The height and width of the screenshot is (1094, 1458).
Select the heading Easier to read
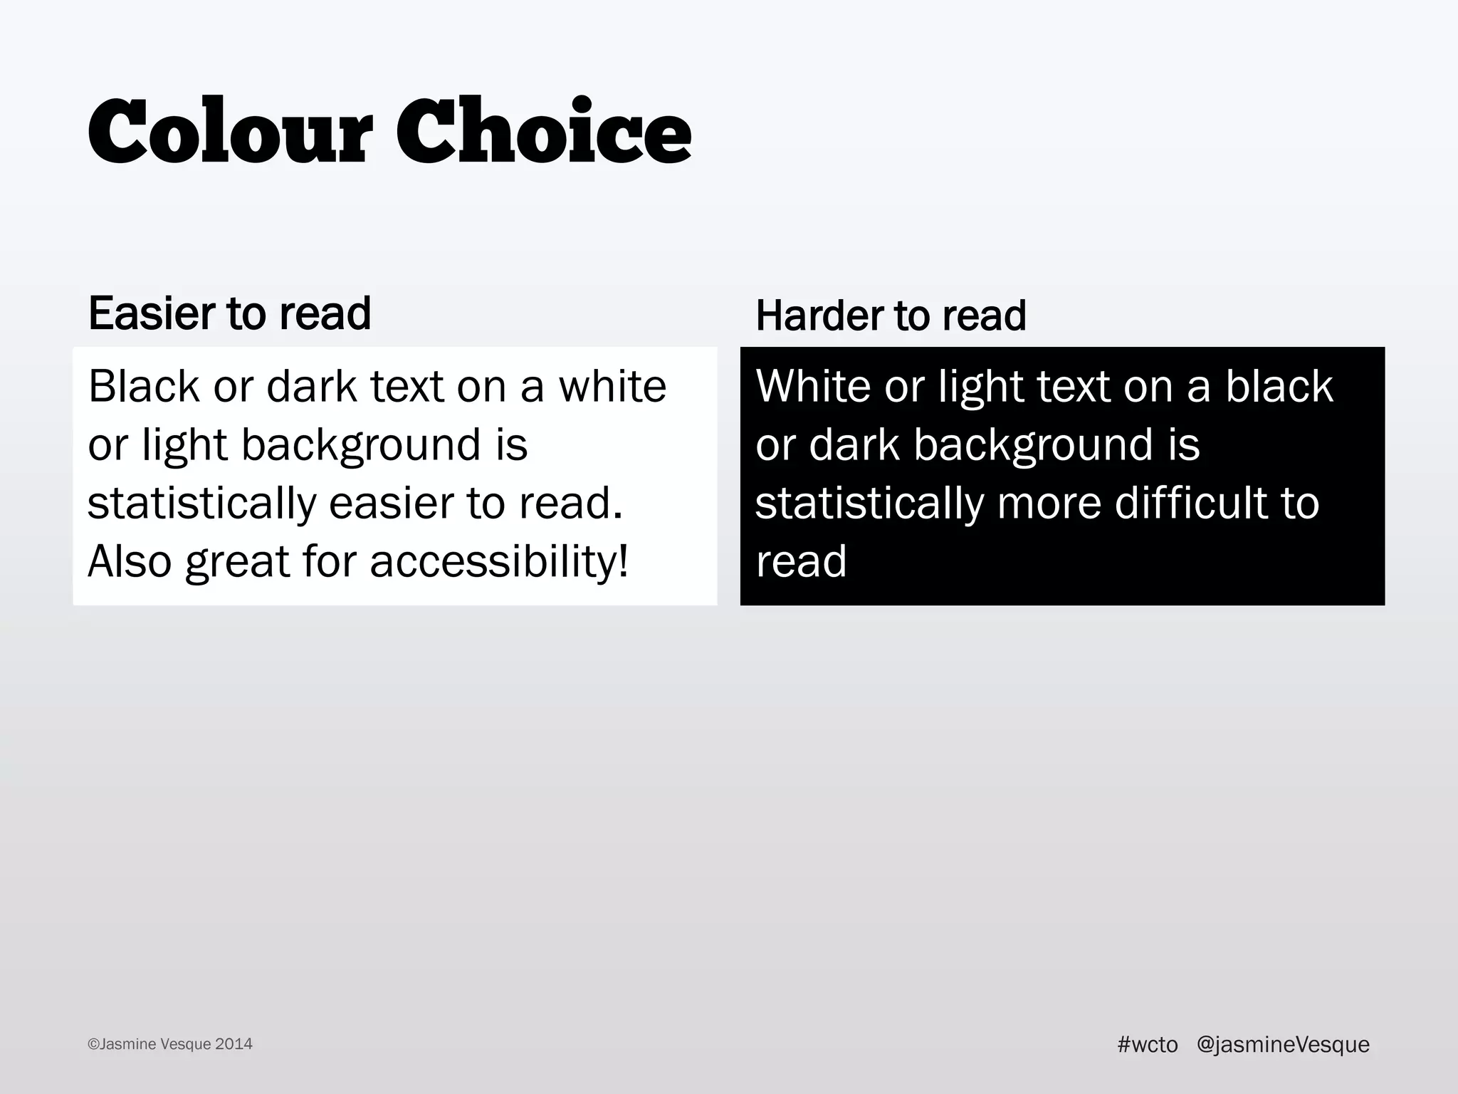(229, 313)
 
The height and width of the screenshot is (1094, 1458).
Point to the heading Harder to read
(891, 316)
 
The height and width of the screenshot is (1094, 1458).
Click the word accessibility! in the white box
(500, 561)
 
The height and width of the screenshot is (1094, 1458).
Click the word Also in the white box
(130, 561)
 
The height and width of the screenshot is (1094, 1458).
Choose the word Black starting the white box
(144, 386)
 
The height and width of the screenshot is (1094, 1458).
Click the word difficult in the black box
(1190, 503)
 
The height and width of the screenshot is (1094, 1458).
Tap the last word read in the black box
(801, 561)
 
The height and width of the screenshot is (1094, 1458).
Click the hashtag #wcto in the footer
(1148, 1045)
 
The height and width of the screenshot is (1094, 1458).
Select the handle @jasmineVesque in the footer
(1283, 1045)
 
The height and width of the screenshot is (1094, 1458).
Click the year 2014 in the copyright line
(234, 1045)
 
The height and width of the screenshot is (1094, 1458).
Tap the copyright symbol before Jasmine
(93, 1045)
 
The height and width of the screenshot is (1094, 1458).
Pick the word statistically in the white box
(201, 503)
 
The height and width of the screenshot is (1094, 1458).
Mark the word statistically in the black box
(869, 503)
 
